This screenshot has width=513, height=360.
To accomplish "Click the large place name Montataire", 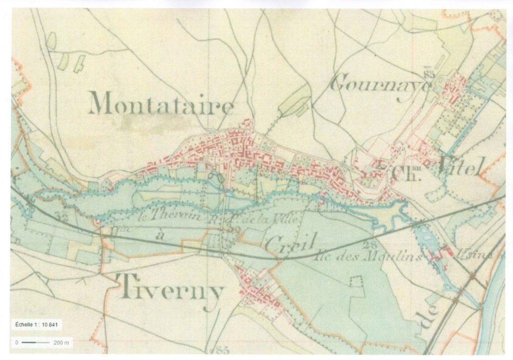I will pos(161,105).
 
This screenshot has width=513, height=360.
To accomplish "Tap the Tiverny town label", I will pos(170,289).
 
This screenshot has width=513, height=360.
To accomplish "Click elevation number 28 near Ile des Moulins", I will pos(371,244).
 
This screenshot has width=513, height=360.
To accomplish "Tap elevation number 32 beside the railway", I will pos(62,218).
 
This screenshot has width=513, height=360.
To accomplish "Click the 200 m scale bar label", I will pos(61,343).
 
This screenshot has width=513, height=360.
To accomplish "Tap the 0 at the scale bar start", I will pos(17,343).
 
